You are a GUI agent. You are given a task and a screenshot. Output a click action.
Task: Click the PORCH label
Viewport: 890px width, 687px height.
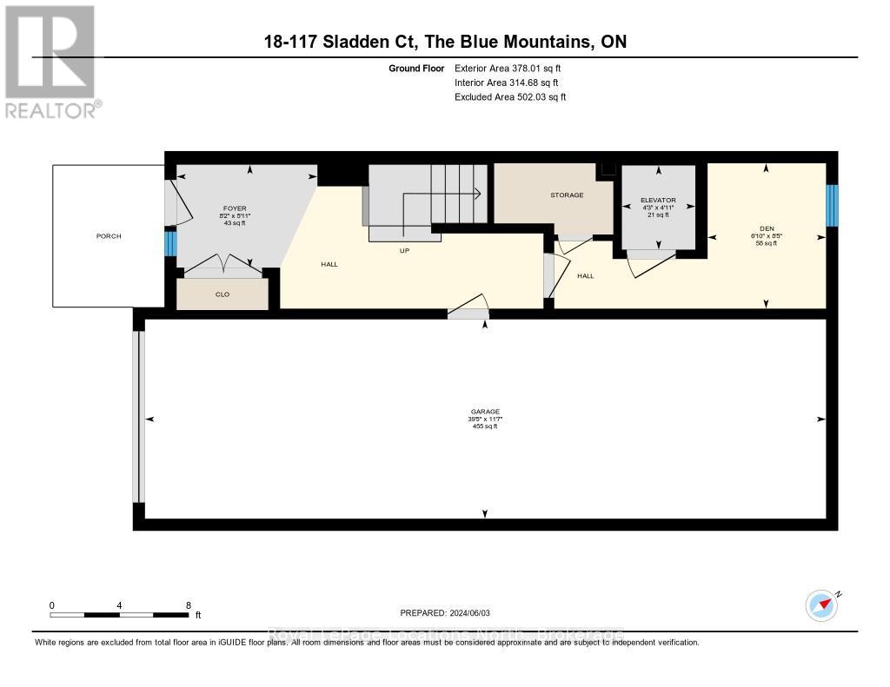tap(109, 236)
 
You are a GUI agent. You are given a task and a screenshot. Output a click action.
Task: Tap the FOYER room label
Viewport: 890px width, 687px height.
tap(235, 208)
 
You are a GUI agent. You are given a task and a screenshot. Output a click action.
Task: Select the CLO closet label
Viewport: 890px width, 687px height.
tap(222, 294)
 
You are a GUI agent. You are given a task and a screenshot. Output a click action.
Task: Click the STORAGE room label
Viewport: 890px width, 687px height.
tap(567, 195)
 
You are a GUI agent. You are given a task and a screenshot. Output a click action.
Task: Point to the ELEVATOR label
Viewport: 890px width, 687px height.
tap(659, 200)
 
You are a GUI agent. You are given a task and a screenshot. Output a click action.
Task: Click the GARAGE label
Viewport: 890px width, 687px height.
tap(485, 412)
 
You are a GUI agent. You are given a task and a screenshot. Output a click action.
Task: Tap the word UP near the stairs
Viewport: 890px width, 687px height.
tap(404, 250)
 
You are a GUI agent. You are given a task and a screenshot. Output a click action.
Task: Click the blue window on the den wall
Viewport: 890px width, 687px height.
tap(831, 205)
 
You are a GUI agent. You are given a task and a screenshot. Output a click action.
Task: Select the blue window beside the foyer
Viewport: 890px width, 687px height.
tap(170, 242)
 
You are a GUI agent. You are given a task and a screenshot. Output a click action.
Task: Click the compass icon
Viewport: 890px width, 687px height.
tap(821, 604)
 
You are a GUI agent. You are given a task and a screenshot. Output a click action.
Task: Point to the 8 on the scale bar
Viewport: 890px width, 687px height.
tap(188, 605)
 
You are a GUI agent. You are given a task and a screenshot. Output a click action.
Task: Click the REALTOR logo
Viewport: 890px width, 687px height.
tap(50, 61)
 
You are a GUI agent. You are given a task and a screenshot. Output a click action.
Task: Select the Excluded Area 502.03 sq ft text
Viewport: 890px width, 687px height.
tap(510, 97)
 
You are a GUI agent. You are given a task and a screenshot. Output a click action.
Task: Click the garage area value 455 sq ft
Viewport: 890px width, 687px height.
tap(485, 426)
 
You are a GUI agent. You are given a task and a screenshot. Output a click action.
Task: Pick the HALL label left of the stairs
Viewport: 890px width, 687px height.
tap(329, 264)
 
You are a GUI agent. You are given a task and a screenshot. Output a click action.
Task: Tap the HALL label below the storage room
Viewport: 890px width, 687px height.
tap(586, 275)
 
